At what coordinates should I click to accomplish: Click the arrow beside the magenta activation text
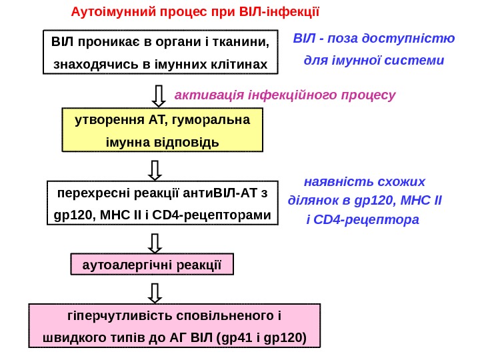point(159,95)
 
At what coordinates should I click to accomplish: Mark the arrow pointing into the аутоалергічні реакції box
point(155,243)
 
